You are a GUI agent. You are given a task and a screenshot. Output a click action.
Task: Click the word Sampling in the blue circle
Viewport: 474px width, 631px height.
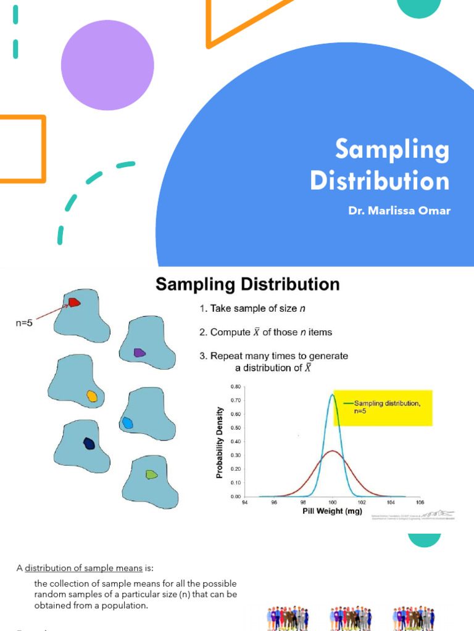(x=393, y=150)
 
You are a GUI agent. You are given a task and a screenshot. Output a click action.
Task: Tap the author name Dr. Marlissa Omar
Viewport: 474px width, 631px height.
(x=399, y=211)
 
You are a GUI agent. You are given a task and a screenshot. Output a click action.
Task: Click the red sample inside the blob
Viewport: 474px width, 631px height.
(x=73, y=303)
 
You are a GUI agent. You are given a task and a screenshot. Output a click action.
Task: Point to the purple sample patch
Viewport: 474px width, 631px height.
(x=139, y=352)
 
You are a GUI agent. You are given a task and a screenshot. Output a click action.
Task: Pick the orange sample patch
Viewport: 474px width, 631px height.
(x=92, y=396)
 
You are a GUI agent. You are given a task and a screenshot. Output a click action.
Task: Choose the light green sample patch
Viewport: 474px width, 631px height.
(x=151, y=474)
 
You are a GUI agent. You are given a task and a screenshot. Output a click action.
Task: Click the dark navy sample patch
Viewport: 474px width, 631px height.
(x=89, y=444)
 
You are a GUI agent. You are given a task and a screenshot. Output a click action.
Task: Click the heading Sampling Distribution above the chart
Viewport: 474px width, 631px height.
(x=247, y=284)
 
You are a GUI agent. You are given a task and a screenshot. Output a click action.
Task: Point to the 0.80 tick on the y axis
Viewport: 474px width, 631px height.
(x=236, y=387)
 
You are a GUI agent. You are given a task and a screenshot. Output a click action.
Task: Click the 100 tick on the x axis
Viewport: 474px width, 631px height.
(x=333, y=502)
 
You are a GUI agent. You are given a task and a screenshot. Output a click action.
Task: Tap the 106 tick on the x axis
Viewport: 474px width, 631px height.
(x=420, y=502)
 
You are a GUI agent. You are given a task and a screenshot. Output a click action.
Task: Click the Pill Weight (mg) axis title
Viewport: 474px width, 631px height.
(x=332, y=511)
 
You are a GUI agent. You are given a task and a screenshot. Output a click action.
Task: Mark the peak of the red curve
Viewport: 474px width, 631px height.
(x=333, y=451)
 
